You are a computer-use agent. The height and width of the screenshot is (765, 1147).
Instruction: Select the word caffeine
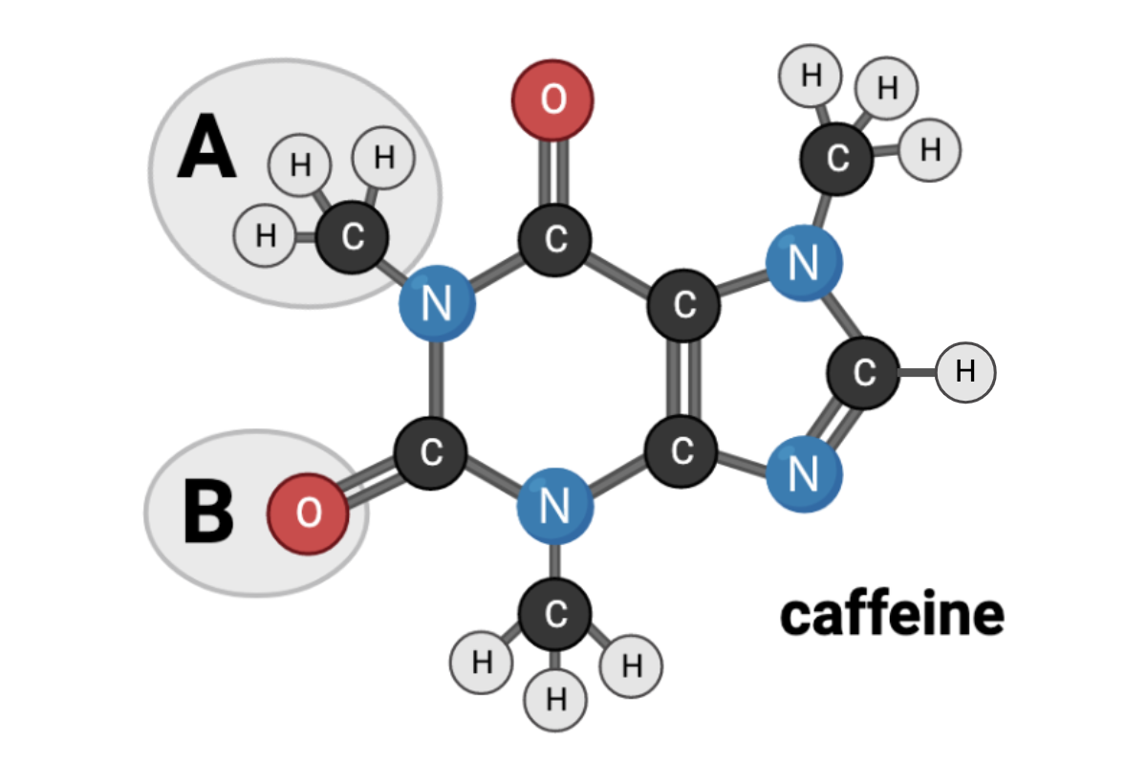coord(892,614)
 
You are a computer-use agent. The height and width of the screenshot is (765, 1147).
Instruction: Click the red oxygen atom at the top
coord(553,99)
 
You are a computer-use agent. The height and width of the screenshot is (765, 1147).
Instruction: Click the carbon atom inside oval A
coord(352,236)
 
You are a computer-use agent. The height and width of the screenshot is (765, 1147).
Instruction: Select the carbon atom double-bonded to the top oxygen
coord(555,239)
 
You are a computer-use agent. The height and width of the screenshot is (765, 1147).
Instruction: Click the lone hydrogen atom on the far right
coord(965,370)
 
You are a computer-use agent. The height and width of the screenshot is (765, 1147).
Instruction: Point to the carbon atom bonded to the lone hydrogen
coord(864,372)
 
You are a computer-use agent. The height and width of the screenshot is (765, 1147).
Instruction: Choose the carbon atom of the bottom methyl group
coord(555,613)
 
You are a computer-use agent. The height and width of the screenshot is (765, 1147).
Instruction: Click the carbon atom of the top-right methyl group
coord(836,159)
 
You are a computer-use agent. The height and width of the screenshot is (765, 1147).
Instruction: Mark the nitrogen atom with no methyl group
coord(804,472)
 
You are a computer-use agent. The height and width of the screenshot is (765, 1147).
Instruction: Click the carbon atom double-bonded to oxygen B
coord(431,452)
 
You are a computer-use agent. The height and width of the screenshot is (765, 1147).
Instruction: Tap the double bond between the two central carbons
coord(682,378)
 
